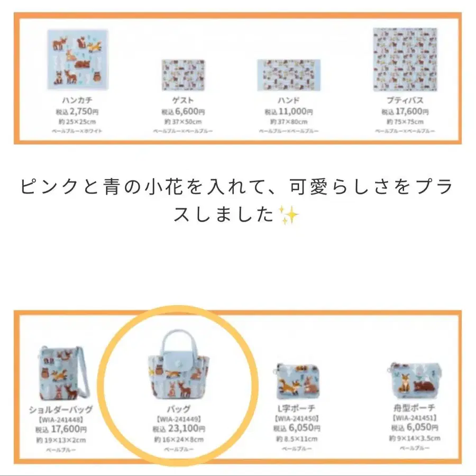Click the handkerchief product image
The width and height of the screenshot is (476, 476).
pos(78,59)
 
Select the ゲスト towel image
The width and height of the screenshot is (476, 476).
pos(183,75)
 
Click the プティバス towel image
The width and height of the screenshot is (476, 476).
pos(405,59)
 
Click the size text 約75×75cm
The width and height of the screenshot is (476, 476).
pos(405,121)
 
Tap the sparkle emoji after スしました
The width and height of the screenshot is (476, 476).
pos(289,215)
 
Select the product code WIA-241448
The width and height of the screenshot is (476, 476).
pos(61,419)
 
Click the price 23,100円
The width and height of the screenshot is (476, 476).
pos(179,429)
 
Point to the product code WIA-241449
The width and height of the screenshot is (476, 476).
pos(179,419)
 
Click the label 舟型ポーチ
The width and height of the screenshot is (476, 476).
pos(414,408)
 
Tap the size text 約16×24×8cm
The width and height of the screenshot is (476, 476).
pos(179,440)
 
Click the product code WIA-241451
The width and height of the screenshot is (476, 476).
pos(414,418)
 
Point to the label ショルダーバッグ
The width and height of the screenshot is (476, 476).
pos(61,409)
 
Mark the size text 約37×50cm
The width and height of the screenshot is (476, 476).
pos(183,121)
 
